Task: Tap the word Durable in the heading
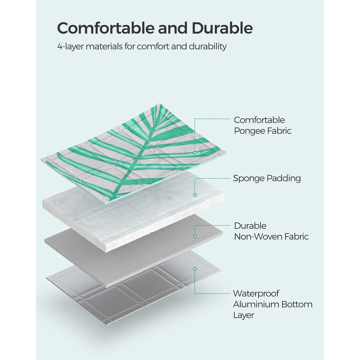[x=222, y=28]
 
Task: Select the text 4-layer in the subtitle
[x=70, y=46]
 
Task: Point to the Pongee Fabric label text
[x=263, y=131]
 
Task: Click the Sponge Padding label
[x=267, y=178]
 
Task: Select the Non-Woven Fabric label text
[x=271, y=237]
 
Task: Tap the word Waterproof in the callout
[x=256, y=294]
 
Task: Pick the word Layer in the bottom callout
[x=244, y=315]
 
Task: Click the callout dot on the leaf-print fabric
[x=195, y=152]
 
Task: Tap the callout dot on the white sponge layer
[x=195, y=195]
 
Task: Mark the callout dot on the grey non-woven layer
[x=195, y=236]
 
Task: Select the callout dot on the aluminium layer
[x=195, y=268]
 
